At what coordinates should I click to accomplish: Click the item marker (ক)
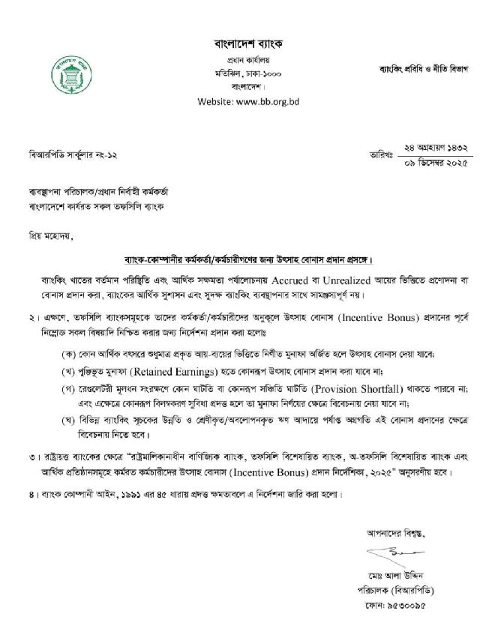tap(71, 352)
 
